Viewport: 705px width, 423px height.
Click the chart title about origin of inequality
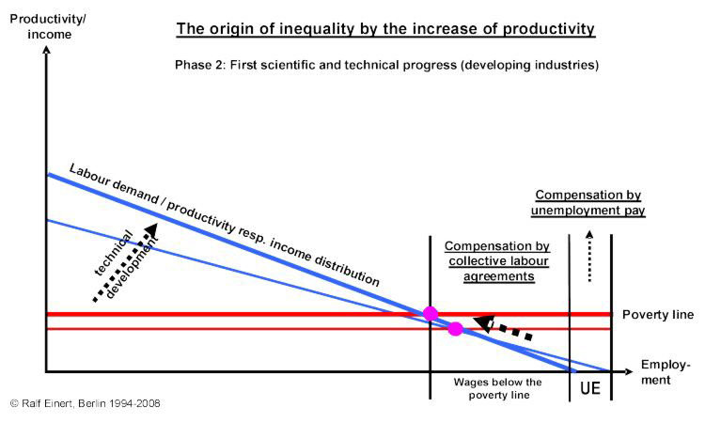point(385,29)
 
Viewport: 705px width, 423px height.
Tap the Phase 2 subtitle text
point(386,66)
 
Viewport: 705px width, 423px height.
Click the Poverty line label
point(657,314)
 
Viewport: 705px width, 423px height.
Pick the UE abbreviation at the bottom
point(590,386)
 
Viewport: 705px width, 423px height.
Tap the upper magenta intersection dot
point(431,313)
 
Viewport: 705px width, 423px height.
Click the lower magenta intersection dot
point(456,329)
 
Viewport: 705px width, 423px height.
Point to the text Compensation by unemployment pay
point(589,203)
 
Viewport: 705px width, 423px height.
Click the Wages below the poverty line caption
point(497,389)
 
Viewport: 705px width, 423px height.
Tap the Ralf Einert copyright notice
point(86,403)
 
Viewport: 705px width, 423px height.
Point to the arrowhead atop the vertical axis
point(45,49)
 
